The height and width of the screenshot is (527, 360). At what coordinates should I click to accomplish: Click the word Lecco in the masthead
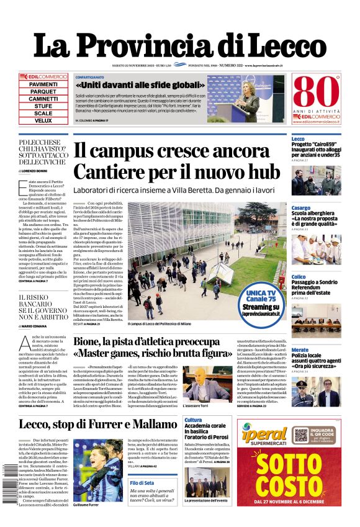coord(291,46)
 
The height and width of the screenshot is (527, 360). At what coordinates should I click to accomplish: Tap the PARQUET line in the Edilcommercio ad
coord(43,91)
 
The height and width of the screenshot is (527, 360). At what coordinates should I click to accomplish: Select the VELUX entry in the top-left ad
coord(43,120)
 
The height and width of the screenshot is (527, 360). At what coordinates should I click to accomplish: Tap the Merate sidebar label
coord(300,350)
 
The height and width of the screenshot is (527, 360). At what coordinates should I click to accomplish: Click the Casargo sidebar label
coord(301,207)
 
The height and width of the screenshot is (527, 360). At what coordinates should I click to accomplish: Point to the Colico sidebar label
coord(299,277)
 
